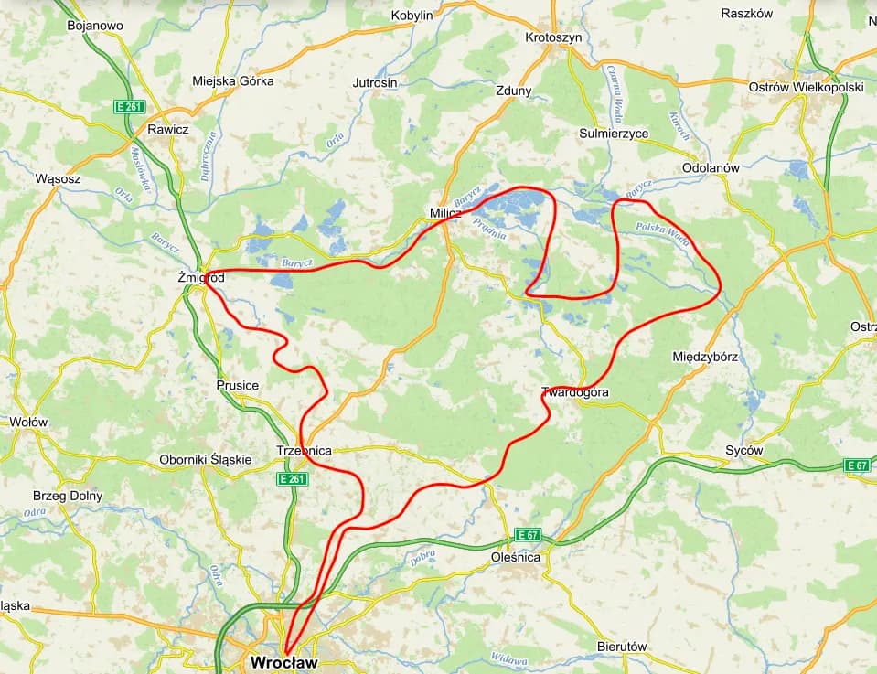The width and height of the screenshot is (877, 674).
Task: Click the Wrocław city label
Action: coord(283,661)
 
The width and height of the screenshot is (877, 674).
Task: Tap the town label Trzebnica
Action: coord(304,451)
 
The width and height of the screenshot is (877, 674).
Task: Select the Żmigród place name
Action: coord(201,276)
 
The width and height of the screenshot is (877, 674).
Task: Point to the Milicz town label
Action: coord(445,213)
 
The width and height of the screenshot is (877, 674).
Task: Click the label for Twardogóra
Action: coord(575,392)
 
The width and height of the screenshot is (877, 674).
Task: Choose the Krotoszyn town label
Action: coord(554,37)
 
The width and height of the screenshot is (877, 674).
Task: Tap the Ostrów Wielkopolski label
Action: coord(806,87)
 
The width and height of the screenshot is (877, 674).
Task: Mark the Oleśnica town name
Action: coord(516,557)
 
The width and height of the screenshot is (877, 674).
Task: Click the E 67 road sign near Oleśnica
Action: coord(528,534)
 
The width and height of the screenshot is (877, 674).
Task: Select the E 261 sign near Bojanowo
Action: coord(130,107)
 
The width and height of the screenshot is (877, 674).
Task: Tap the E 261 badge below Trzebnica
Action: coord(293,478)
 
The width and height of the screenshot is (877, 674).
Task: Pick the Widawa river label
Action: coord(508,658)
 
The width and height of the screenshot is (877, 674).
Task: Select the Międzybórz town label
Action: coord(705,356)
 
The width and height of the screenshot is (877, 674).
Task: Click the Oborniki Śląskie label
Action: coord(205,460)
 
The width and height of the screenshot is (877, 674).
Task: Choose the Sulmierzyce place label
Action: coord(614,134)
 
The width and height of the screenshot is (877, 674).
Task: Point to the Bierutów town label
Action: coord(621,647)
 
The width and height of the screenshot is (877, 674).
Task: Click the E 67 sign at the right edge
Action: coord(857,465)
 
